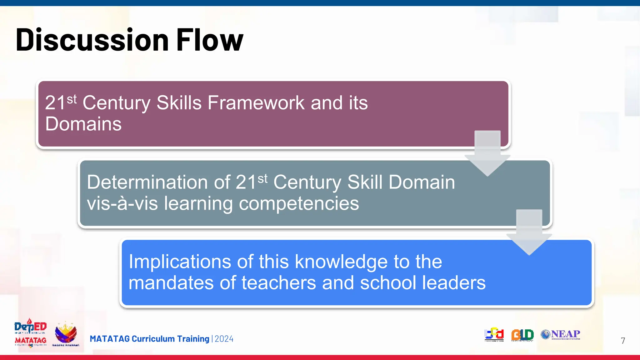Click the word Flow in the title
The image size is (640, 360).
tap(210, 40)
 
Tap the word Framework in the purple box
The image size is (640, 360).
tap(256, 103)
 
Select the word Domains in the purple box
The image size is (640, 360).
tap(83, 124)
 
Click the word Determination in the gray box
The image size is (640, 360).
tap(147, 182)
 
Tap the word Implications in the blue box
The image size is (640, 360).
tap(180, 262)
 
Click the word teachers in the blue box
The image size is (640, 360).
tap(279, 283)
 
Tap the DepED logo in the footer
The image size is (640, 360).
tap(30, 327)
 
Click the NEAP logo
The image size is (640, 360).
tap(561, 334)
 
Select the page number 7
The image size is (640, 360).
tap(623, 341)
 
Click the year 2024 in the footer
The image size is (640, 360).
tap(224, 339)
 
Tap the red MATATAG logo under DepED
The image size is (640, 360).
tap(31, 340)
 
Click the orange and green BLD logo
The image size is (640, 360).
tap(522, 335)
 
